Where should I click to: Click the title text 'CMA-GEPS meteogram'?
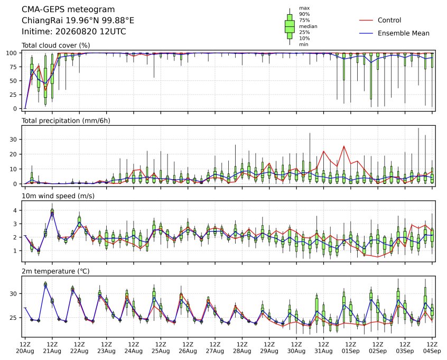68,10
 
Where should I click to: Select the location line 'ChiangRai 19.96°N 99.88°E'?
78,21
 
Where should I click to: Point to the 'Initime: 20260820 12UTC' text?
74,31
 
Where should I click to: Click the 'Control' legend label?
389,20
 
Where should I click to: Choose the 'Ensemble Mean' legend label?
403,33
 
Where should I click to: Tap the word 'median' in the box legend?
308,26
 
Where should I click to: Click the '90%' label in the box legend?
304,14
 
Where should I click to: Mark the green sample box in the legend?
290,26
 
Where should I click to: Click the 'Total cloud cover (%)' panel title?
56,45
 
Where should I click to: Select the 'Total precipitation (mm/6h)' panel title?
66,121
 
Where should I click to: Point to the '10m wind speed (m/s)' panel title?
58,196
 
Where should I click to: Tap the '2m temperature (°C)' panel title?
55,271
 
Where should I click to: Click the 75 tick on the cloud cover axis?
13,67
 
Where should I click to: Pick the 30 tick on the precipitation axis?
13,140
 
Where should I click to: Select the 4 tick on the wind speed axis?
15,210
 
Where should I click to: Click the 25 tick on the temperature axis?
13,318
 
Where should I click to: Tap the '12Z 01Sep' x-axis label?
351,348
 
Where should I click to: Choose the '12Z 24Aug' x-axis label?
134,348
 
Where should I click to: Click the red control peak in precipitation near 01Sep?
344,146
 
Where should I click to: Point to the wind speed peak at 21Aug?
52,212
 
